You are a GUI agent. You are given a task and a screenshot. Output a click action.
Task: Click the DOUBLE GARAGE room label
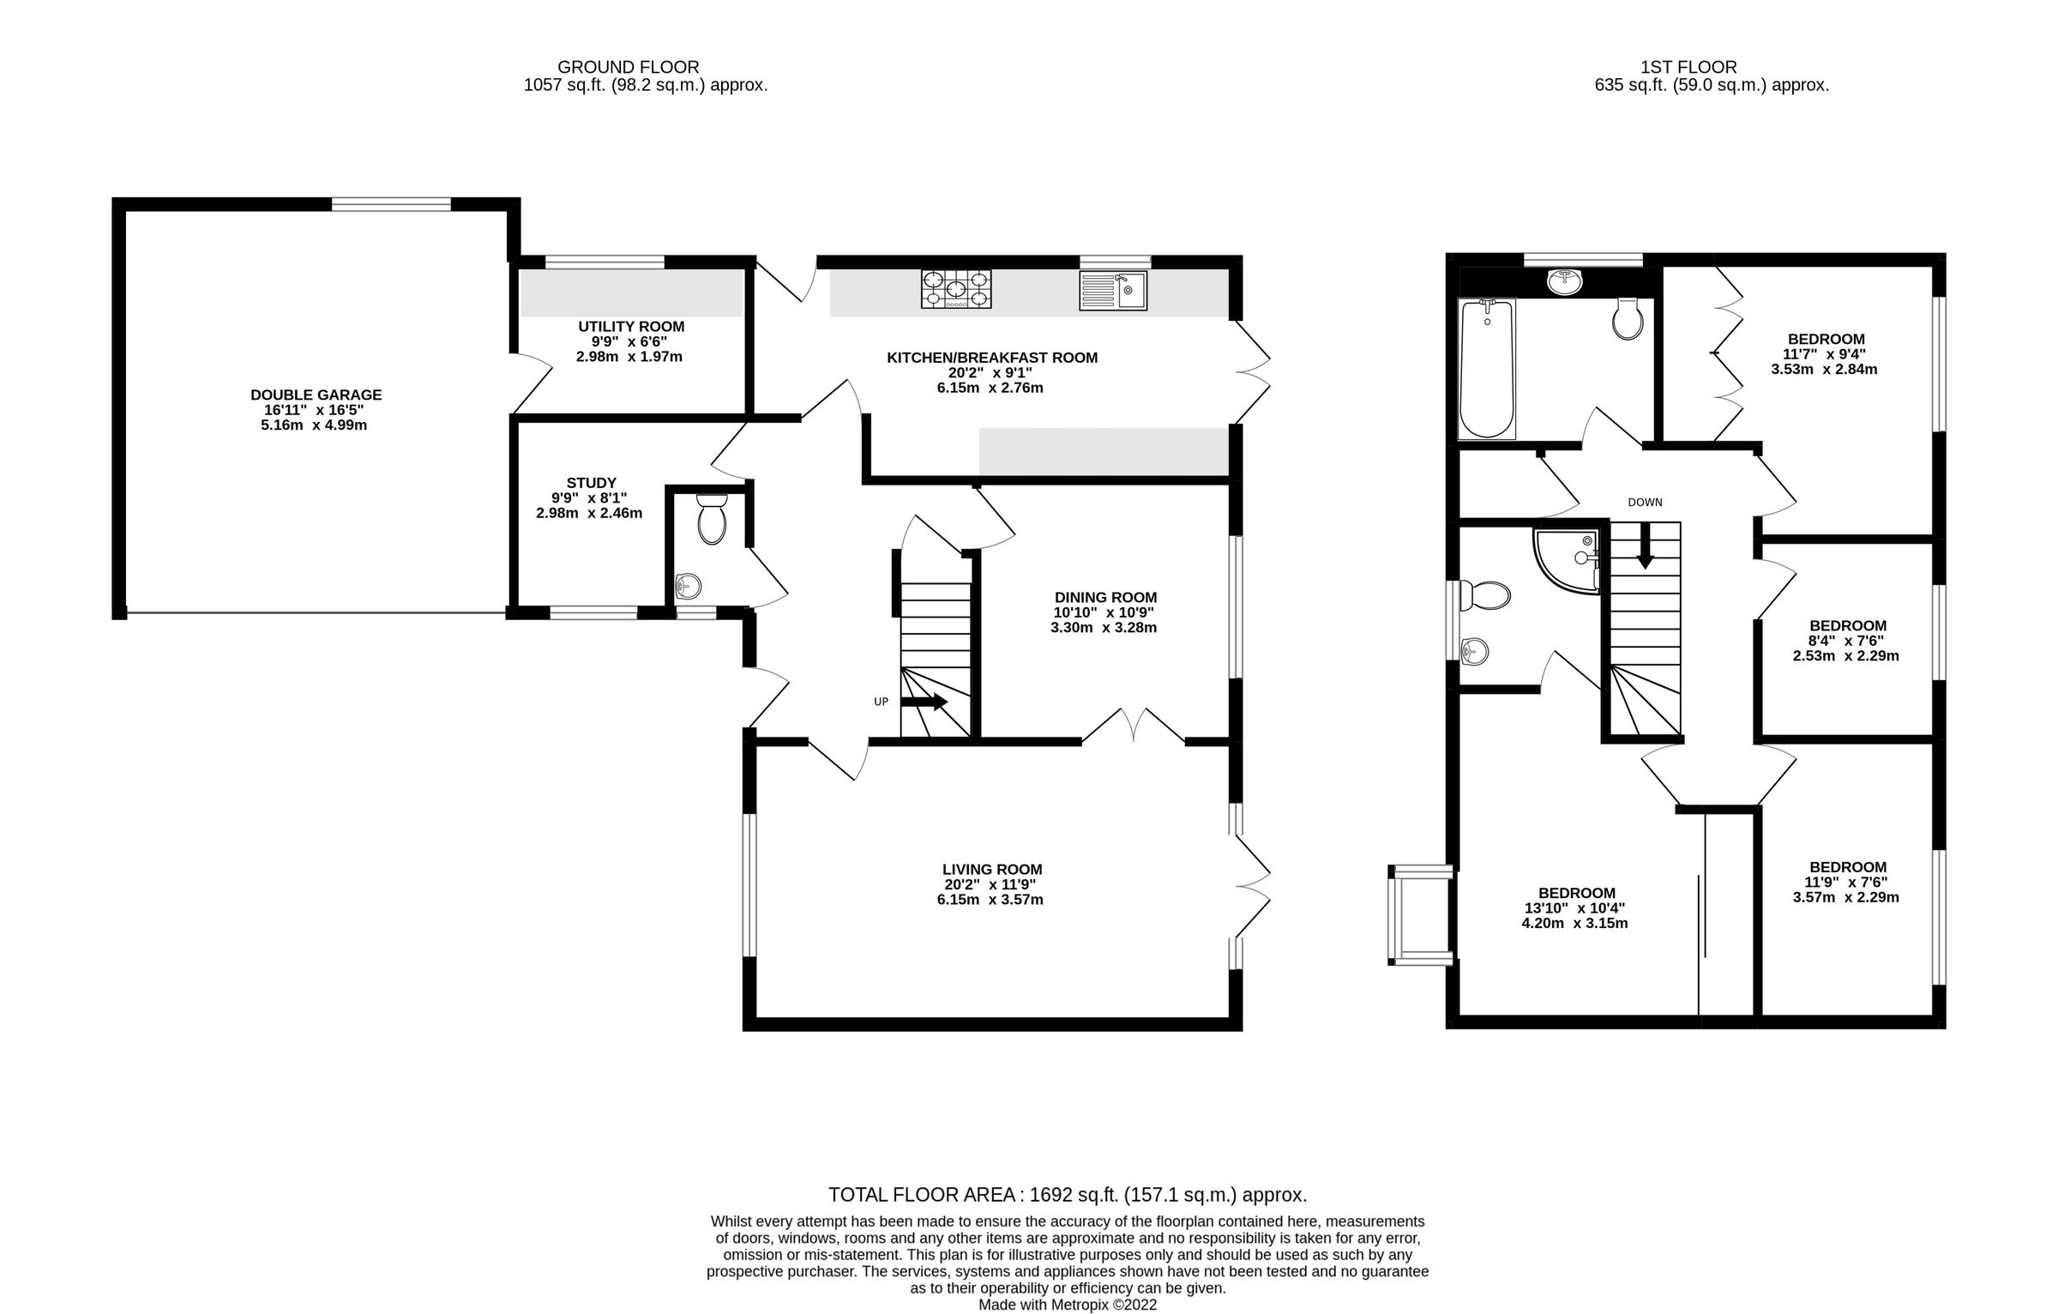point(316,395)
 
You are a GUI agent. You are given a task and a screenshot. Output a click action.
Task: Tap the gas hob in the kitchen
point(956,289)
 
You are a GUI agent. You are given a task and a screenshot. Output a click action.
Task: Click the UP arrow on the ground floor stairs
point(924,702)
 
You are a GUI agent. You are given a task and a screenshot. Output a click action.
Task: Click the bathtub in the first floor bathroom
point(1487,368)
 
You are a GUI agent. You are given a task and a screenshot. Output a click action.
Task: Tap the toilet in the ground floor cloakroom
point(712,519)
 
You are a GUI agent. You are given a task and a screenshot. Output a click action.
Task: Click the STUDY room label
point(591,483)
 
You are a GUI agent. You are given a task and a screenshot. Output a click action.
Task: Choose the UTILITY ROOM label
point(630,326)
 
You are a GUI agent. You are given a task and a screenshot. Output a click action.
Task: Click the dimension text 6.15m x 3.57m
point(990,900)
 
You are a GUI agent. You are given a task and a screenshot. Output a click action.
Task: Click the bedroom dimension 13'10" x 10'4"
point(1575,907)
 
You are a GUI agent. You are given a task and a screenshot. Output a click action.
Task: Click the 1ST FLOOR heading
point(1688,67)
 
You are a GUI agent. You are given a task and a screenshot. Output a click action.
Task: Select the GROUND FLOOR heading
point(628,67)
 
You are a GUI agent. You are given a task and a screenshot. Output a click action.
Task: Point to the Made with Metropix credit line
point(1067,1305)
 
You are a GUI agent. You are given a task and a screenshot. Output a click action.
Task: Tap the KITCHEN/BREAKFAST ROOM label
point(991,358)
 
